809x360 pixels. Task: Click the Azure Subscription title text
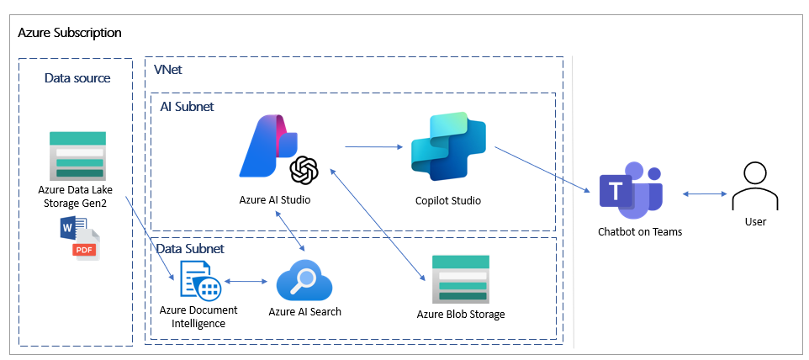tap(70, 33)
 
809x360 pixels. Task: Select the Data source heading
tap(77, 78)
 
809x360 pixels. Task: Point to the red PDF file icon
tap(85, 245)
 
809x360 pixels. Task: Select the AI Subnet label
tap(187, 106)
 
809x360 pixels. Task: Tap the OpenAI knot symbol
tap(304, 171)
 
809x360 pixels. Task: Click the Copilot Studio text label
tap(448, 201)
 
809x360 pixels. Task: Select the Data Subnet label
tap(192, 249)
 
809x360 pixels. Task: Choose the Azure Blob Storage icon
tap(460, 279)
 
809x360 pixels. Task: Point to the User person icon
tap(754, 188)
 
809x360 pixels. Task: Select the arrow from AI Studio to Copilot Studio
tap(374, 147)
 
